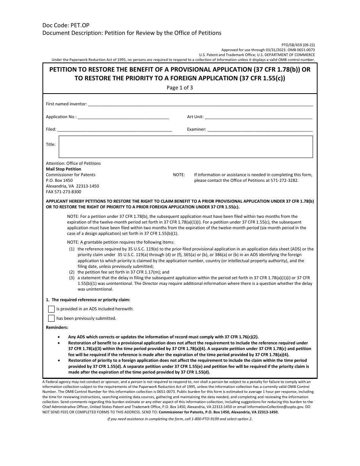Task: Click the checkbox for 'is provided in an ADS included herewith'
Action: tap(51, 309)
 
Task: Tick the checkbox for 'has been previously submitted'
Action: tap(51, 318)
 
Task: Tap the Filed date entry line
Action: tap(115, 130)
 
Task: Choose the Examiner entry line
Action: tap(260, 130)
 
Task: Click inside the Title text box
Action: tap(185, 147)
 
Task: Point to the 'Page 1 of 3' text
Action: tap(180, 87)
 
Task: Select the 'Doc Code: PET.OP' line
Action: tap(66, 25)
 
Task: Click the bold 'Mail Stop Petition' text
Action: tap(63, 169)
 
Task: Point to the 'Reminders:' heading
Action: tap(57, 327)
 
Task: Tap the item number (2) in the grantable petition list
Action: tap(72, 272)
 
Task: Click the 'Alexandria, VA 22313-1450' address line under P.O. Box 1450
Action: tap(72, 186)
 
